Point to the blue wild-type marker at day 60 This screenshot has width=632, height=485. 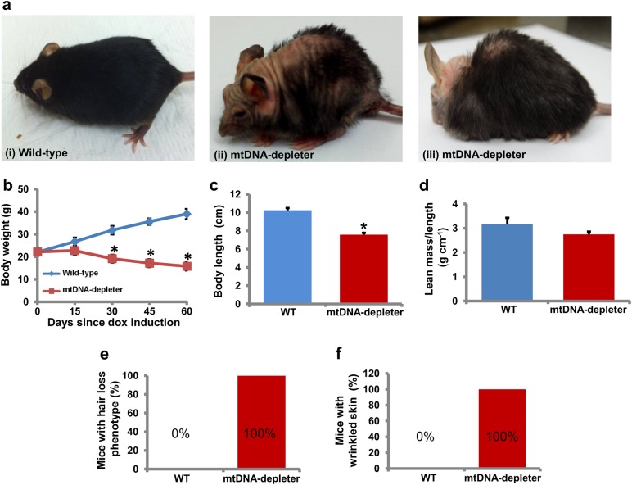[187, 214]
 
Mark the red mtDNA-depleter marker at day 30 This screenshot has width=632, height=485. [115, 259]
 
